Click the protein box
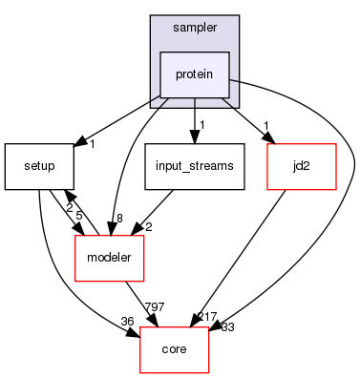[x=195, y=73]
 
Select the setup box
[x=38, y=166]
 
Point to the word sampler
[x=195, y=29]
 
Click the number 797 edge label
[x=155, y=307]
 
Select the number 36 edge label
[x=126, y=320]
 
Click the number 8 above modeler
[x=118, y=219]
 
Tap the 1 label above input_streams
[x=203, y=126]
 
